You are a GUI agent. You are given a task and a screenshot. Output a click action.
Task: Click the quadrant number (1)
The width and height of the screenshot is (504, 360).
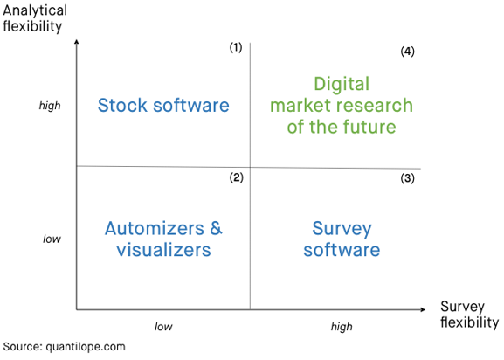(x=236, y=47)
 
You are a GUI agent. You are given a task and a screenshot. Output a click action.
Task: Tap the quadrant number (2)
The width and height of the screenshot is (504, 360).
(x=236, y=177)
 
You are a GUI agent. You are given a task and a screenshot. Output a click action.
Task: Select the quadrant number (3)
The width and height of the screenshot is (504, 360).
(x=407, y=178)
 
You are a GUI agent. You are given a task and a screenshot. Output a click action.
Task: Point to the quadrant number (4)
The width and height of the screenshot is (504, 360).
(x=407, y=51)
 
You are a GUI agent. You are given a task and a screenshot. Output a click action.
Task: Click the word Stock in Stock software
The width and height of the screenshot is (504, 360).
(x=122, y=105)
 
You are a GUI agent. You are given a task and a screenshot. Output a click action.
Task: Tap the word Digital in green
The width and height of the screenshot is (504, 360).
(x=342, y=85)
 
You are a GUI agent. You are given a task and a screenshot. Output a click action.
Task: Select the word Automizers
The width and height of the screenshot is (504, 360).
(x=155, y=228)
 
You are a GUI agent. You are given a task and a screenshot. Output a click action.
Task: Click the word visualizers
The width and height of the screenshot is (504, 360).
(x=163, y=250)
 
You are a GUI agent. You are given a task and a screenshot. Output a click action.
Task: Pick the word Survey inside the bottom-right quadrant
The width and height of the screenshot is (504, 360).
(x=342, y=229)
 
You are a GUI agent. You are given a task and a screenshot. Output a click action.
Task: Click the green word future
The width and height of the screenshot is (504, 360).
(x=369, y=127)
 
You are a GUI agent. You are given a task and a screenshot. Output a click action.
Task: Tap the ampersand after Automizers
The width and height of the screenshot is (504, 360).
(x=216, y=228)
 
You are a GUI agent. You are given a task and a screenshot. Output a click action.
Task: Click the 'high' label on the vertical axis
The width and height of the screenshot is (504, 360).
(x=50, y=106)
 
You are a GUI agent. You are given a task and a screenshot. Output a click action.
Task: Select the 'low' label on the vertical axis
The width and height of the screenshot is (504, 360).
(x=52, y=239)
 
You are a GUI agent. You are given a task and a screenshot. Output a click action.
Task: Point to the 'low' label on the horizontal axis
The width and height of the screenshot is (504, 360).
(x=163, y=327)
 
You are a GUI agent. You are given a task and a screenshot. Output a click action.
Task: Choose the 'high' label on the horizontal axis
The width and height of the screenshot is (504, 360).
(x=342, y=327)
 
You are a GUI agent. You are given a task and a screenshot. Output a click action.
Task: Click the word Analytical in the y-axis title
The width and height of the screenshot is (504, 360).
(x=35, y=11)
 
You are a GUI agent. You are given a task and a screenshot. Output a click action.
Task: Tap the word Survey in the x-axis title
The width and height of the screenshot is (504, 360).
(x=462, y=307)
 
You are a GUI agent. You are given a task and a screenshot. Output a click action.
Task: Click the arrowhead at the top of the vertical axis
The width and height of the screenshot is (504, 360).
(x=77, y=41)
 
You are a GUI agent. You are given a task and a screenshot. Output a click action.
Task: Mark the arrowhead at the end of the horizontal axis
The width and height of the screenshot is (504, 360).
(x=423, y=309)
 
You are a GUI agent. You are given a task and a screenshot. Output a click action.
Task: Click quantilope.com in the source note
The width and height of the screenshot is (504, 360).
(x=86, y=347)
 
